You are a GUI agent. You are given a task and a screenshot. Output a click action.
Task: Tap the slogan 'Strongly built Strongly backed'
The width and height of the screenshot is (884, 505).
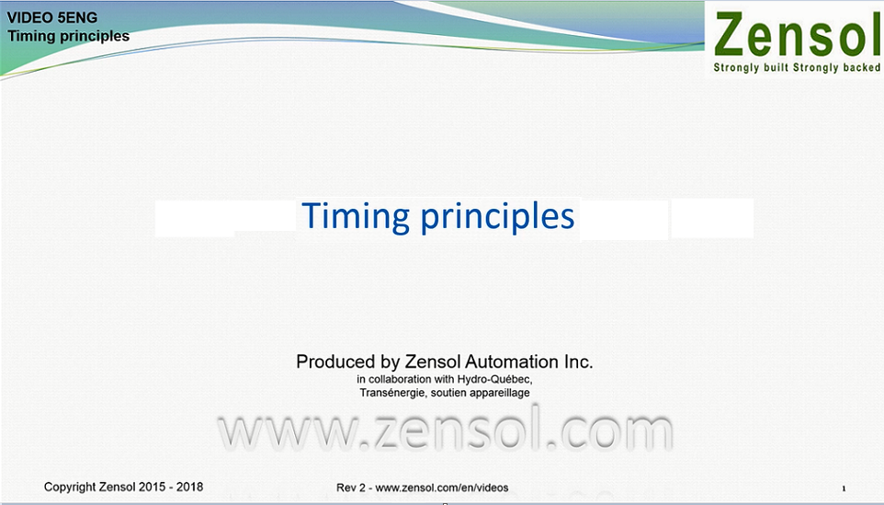(797, 68)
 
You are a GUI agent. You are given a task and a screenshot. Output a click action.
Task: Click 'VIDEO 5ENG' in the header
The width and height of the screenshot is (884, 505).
(51, 17)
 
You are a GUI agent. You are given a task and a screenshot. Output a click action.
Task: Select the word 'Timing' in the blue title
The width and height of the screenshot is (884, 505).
(356, 216)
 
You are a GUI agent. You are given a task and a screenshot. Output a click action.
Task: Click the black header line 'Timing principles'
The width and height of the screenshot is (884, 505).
(68, 36)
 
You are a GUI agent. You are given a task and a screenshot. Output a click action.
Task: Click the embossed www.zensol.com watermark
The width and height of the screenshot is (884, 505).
(446, 431)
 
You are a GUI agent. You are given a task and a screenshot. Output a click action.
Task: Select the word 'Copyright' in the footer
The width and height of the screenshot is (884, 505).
(70, 487)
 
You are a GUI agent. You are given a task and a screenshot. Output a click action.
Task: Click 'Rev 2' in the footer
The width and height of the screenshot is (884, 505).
(351, 488)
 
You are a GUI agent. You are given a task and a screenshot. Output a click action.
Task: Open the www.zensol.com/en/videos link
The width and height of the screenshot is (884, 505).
(442, 488)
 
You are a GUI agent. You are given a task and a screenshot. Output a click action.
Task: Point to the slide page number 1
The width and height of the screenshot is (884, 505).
(844, 488)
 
